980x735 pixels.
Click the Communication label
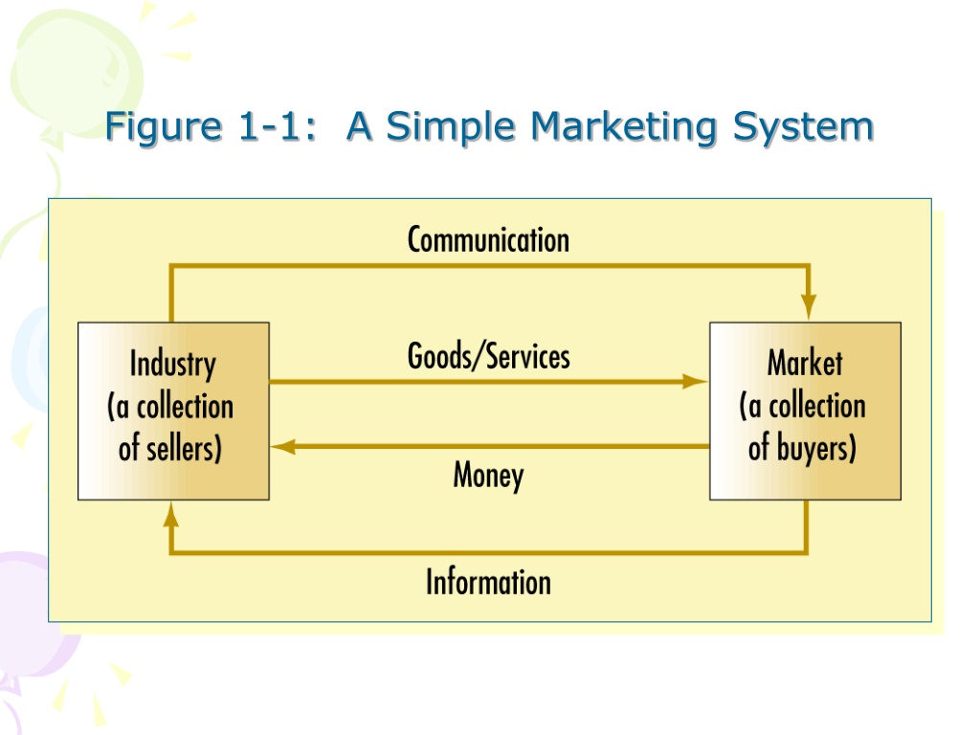pos(488,240)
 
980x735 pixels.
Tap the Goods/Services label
pos(488,356)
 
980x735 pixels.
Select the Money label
pos(488,475)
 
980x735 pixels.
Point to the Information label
pos(488,582)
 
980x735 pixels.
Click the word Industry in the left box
pos(172,365)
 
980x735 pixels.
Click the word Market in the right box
pos(805,363)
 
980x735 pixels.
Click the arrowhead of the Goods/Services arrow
pos(695,381)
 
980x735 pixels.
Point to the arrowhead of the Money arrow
pos(283,446)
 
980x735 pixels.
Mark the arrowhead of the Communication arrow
pos(809,307)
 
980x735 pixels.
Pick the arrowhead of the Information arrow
pos(171,515)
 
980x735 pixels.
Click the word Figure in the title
pos(164,127)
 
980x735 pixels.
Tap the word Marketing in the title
pos(623,127)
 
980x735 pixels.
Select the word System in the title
pos(803,127)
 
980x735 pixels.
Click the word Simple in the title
pos(451,127)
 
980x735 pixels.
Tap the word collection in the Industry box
pos(185,406)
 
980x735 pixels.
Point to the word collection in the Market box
pos(817,406)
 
